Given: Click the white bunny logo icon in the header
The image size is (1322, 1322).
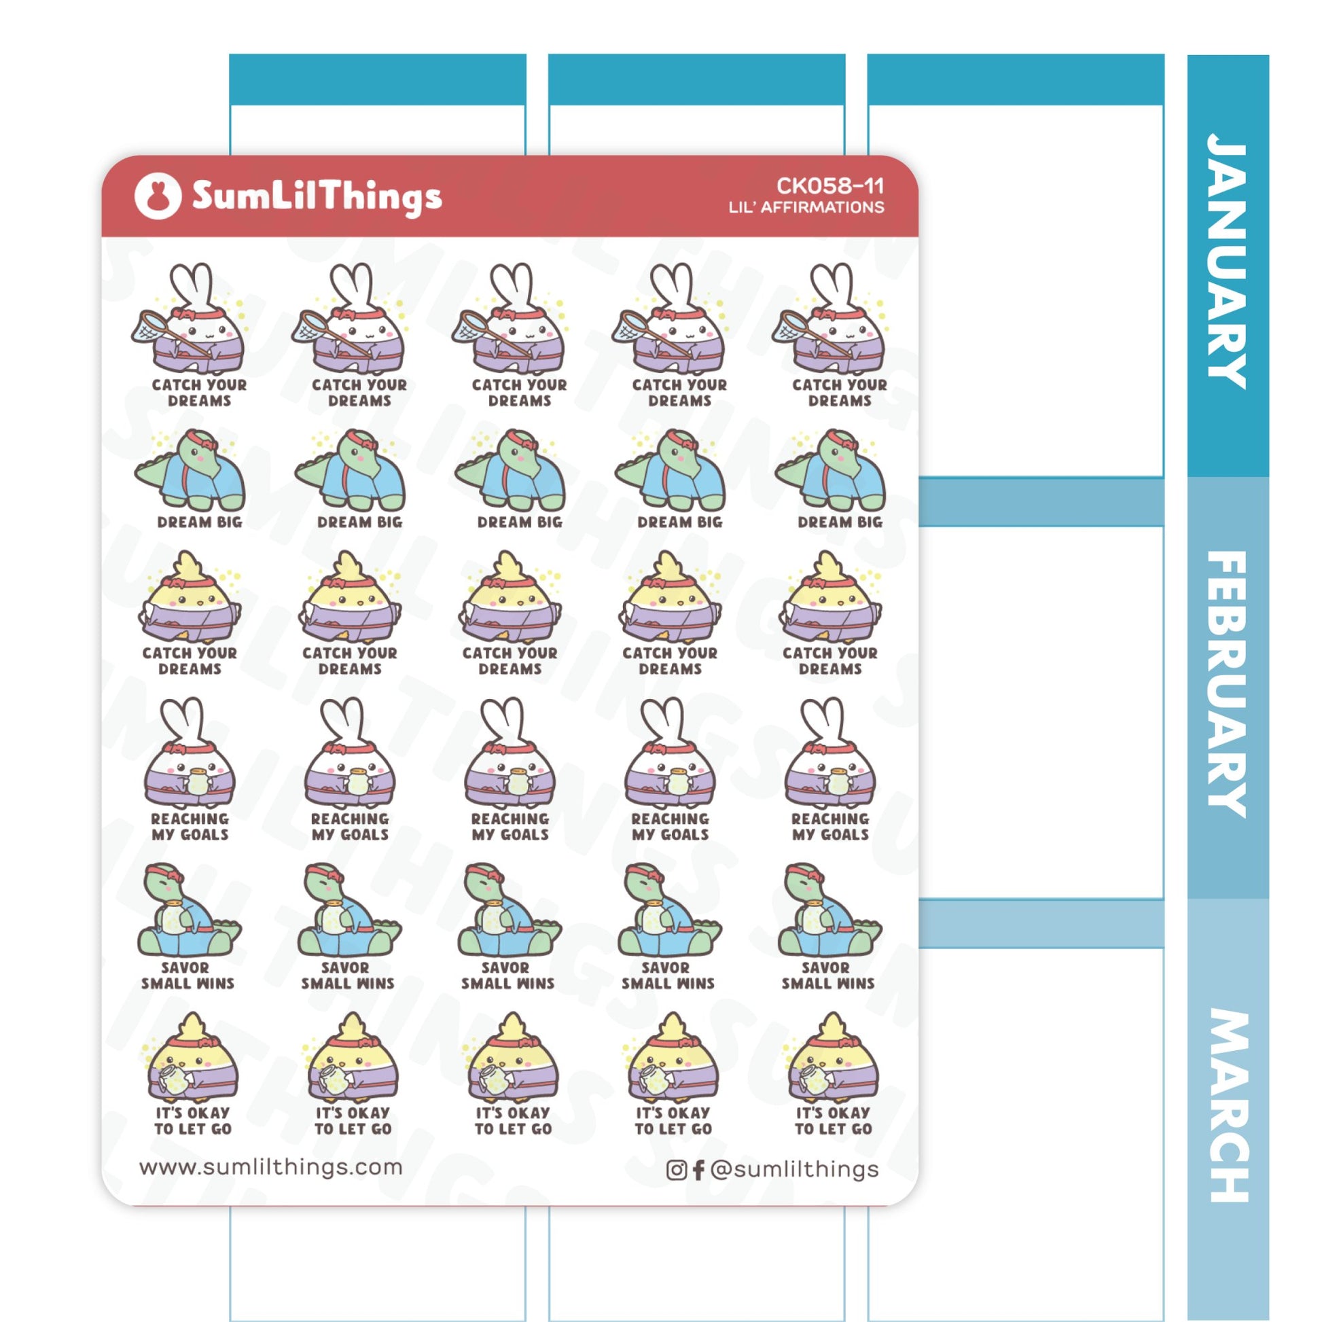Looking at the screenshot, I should coord(158,196).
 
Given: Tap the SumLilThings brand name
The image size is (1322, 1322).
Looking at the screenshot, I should coord(316,197).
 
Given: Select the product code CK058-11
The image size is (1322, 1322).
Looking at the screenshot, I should coord(829,185).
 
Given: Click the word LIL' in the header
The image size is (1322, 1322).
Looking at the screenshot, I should coord(742,207).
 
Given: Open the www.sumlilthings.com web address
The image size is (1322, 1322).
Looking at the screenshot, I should coord(271,1166).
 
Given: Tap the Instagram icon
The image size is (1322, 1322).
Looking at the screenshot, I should coord(676,1169).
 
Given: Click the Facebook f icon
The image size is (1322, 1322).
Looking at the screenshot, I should coord(698,1169).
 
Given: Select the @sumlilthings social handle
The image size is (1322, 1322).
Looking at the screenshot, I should coord(794,1168).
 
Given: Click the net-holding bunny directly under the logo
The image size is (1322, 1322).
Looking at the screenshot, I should coord(190,319).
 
